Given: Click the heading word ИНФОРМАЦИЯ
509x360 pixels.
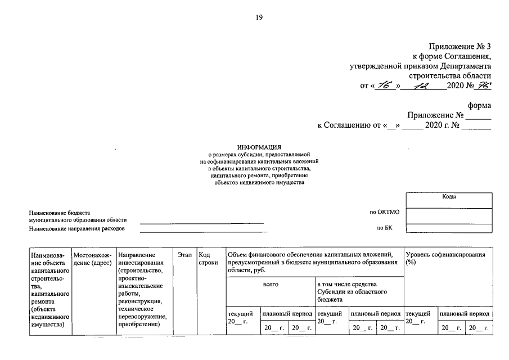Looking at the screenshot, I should click(259, 147).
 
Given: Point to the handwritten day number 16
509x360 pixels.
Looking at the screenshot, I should click(385, 86).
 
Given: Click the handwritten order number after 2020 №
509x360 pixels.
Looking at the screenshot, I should click(483, 86).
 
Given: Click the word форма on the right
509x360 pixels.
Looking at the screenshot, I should click(479, 105).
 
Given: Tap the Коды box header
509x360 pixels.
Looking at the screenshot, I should click(448, 197).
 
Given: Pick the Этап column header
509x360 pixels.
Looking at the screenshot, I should click(184, 255).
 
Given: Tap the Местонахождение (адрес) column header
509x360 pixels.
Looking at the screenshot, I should click(93, 259).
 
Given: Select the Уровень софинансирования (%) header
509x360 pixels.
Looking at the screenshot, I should click(445, 259).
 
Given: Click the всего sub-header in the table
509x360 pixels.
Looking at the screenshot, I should click(271, 285).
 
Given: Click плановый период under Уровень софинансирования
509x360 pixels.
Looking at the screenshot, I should click(465, 313).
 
